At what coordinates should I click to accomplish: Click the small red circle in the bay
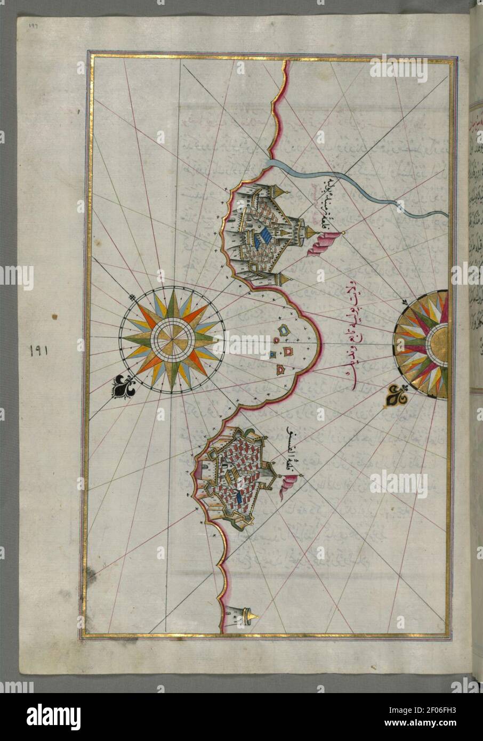pos(277,340)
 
